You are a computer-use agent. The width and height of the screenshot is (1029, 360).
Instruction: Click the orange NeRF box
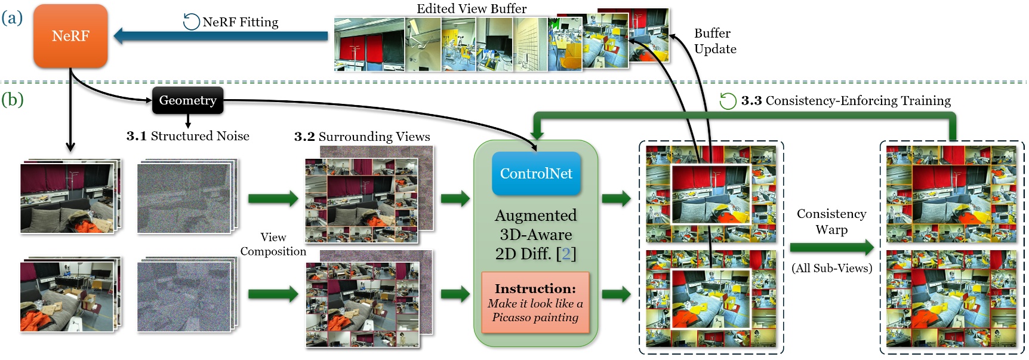(70, 36)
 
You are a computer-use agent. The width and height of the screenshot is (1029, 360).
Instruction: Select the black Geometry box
(187, 100)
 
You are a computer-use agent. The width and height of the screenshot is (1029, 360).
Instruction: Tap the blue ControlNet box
(536, 174)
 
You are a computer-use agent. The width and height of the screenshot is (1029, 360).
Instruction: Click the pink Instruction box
(535, 303)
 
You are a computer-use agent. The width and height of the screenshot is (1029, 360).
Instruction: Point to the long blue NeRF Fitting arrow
(221, 36)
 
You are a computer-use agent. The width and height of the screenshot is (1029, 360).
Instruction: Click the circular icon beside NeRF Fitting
(191, 22)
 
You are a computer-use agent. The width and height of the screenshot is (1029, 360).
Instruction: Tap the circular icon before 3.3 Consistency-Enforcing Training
(728, 101)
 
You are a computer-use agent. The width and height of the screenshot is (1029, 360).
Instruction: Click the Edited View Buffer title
(471, 8)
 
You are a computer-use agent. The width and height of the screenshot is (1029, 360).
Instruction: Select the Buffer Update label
(714, 41)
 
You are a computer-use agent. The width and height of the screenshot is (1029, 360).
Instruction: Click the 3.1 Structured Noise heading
(187, 136)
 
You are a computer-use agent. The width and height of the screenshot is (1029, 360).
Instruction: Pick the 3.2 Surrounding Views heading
(362, 137)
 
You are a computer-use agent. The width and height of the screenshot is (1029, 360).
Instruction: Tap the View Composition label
(273, 244)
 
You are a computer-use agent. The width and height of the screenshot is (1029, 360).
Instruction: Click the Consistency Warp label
(831, 221)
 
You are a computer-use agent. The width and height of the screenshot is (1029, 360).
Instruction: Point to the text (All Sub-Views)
(831, 268)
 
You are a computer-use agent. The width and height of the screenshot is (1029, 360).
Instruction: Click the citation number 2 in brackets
(565, 254)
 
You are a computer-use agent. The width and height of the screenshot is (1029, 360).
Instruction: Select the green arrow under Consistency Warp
(831, 247)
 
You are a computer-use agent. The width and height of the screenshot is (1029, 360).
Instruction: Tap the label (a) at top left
(12, 17)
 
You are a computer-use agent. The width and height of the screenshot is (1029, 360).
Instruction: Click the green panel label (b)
(13, 99)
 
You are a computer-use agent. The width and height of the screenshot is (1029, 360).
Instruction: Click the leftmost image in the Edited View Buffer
(369, 45)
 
